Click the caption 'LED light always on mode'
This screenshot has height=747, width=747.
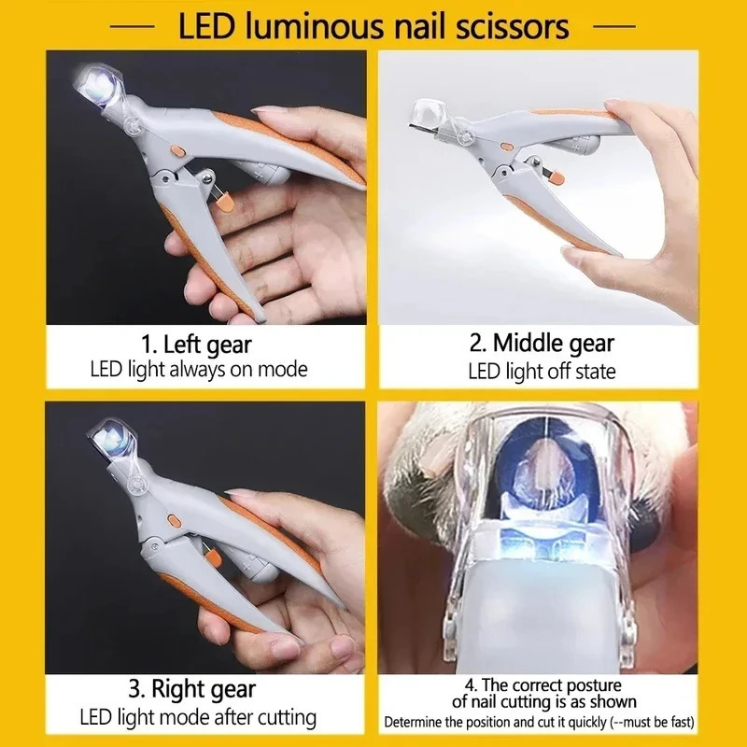(199, 370)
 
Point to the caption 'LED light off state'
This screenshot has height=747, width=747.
(542, 371)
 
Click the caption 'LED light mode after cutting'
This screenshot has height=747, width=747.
(197, 718)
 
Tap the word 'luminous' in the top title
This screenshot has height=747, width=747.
(322, 25)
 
